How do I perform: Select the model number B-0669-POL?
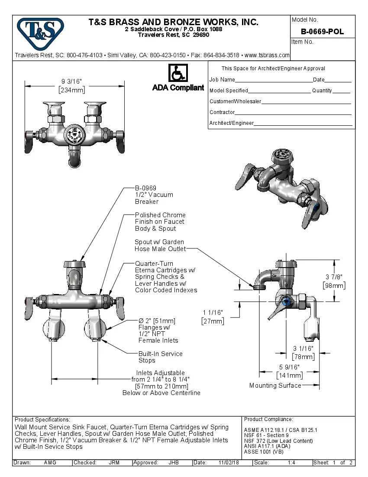click(323, 32)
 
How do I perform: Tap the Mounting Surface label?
click(275, 386)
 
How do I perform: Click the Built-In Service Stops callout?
click(160, 357)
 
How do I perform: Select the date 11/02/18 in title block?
click(229, 463)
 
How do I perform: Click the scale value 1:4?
click(291, 463)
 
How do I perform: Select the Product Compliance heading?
click(268, 419)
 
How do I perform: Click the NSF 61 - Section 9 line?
click(266, 435)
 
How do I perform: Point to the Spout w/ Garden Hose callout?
click(160, 245)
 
